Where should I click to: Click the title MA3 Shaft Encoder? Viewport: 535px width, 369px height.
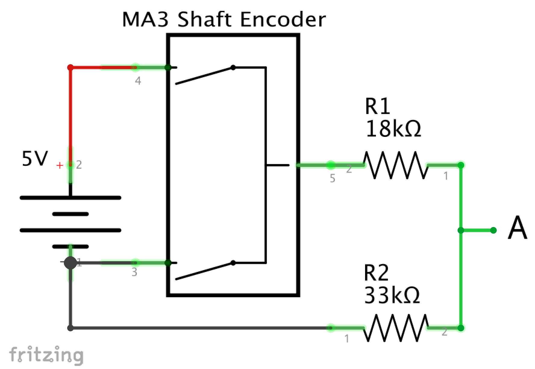pyautogui.click(x=224, y=20)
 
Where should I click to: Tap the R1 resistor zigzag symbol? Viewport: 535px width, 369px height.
pyautogui.click(x=396, y=165)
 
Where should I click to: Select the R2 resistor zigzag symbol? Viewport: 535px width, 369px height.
pyautogui.click(x=396, y=328)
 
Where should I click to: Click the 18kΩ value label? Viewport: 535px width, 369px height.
pyautogui.click(x=393, y=129)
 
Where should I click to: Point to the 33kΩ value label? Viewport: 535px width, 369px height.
pyautogui.click(x=392, y=295)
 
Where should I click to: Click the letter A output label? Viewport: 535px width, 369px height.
pyautogui.click(x=517, y=228)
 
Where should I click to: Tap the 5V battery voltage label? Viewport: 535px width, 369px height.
pyautogui.click(x=35, y=159)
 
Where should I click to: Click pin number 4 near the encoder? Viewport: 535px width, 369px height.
pyautogui.click(x=138, y=81)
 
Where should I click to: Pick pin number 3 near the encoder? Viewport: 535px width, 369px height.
pyautogui.click(x=134, y=272)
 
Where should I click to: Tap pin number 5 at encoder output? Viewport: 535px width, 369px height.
pyautogui.click(x=332, y=178)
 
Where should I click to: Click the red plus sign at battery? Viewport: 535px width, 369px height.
pyautogui.click(x=60, y=165)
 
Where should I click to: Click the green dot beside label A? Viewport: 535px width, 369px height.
pyautogui.click(x=493, y=230)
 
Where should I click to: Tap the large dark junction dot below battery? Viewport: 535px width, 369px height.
pyautogui.click(x=70, y=263)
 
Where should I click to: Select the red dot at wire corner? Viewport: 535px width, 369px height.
pyautogui.click(x=70, y=68)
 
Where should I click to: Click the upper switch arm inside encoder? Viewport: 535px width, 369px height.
pyautogui.click(x=204, y=76)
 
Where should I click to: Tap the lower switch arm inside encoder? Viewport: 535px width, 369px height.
pyautogui.click(x=204, y=271)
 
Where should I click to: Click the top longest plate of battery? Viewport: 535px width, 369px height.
pyautogui.click(x=70, y=198)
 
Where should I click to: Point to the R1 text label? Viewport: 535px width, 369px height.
pyautogui.click(x=377, y=106)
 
